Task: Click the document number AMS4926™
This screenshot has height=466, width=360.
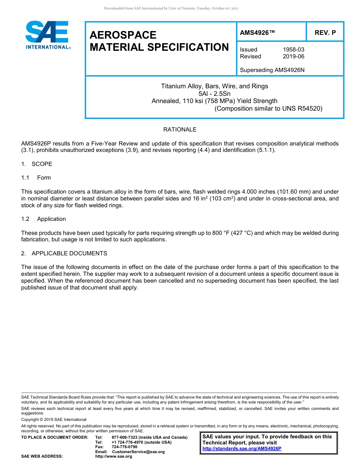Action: (x=257, y=33)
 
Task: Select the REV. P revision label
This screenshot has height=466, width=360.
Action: (x=325, y=33)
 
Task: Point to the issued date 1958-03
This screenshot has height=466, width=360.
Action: (x=293, y=50)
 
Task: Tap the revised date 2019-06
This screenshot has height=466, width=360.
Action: (x=293, y=56)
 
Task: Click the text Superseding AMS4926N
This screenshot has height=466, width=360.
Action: (x=272, y=70)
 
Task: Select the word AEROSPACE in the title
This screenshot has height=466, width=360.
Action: (x=123, y=35)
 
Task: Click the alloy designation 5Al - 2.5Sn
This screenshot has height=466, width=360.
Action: (x=214, y=94)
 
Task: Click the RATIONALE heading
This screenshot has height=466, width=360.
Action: (x=180, y=130)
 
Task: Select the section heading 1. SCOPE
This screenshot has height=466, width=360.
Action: (x=37, y=164)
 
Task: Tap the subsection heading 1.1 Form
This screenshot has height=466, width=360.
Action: (x=36, y=178)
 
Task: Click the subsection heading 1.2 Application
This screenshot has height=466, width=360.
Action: (x=44, y=219)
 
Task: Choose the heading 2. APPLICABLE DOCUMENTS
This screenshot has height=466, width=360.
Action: (x=64, y=253)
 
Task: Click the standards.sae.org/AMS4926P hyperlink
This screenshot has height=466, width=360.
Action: (x=242, y=449)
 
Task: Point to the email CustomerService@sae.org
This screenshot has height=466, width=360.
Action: (x=138, y=452)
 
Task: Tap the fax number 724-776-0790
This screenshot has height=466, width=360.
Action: (x=124, y=447)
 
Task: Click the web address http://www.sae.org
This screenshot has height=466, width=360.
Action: (x=114, y=457)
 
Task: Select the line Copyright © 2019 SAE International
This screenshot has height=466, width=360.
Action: (x=54, y=419)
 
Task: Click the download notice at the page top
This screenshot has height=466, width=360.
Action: (x=171, y=8)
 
